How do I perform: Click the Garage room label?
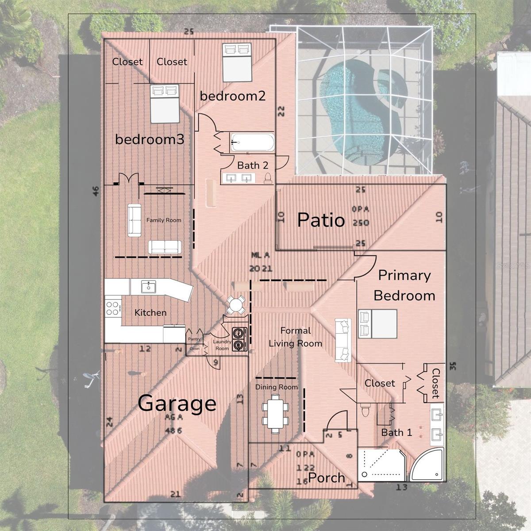[177, 403]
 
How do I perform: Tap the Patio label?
[320, 220]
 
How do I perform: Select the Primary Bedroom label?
[404, 285]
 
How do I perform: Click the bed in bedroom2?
[236, 62]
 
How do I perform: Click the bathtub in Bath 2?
[252, 143]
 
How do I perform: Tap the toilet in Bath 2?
[268, 178]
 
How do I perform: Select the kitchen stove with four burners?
[113, 308]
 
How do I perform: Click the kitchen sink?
[149, 287]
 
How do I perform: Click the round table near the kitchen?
[235, 305]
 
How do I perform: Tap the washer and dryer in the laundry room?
[239, 339]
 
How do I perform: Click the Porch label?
[327, 477]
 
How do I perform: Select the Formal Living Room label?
[295, 337]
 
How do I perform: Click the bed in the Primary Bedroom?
[377, 323]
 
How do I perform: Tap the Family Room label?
[164, 220]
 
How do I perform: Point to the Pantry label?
[194, 339]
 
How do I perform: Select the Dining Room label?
[276, 387]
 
